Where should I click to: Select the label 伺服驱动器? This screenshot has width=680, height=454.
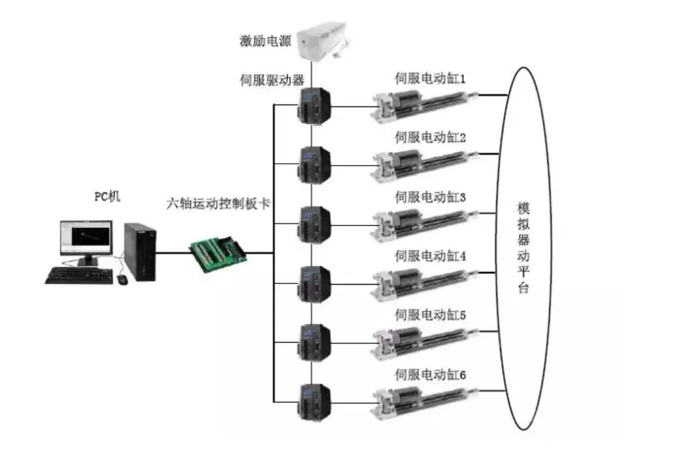[273, 80]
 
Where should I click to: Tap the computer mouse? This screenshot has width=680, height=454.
[122, 278]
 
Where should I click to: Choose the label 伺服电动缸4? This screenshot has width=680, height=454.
[430, 256]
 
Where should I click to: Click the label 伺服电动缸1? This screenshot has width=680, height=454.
[430, 79]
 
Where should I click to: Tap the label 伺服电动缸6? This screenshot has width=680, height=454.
[430, 375]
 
